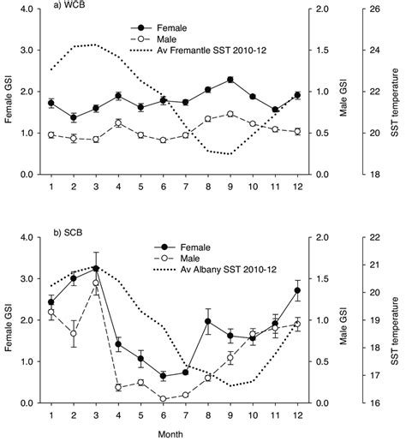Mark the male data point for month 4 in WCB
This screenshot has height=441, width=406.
(x=118, y=123)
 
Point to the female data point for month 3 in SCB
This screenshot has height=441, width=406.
(x=96, y=268)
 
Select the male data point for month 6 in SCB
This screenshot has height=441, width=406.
(x=163, y=398)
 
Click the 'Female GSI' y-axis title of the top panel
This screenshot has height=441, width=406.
(x=8, y=92)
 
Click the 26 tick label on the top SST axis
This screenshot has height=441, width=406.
(x=375, y=9)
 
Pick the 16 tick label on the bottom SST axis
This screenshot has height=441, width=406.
(x=375, y=402)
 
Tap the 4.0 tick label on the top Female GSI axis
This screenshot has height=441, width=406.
(x=27, y=9)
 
